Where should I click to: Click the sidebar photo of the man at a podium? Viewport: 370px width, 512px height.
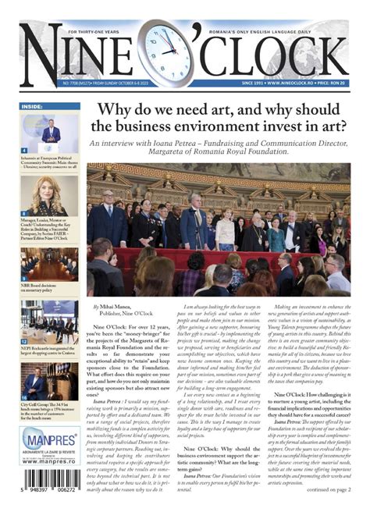pyautogui.click(x=50, y=133)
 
